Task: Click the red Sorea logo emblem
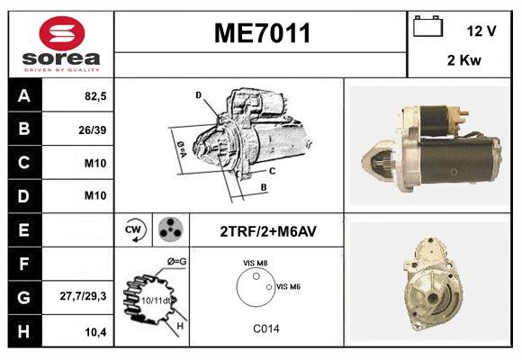click(62, 33)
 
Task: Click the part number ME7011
click(262, 33)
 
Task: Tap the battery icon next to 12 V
click(427, 26)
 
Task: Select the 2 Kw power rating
click(464, 60)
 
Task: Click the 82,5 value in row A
click(95, 96)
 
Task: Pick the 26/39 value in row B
click(93, 130)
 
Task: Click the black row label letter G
click(24, 297)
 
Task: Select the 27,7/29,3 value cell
click(83, 296)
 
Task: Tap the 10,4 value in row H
click(96, 332)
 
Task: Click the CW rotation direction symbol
click(135, 229)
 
